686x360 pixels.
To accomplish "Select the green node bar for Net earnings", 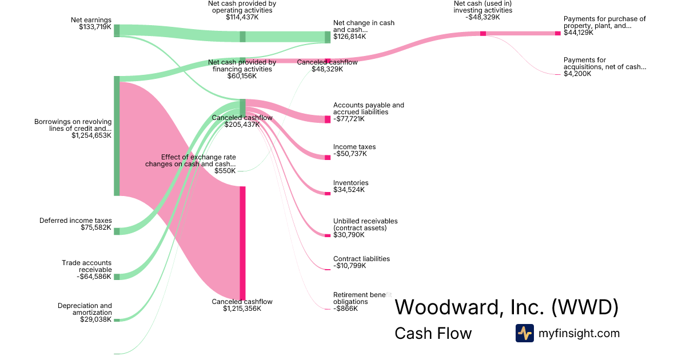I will (117, 30).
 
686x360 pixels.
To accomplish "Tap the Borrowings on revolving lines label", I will (73, 129).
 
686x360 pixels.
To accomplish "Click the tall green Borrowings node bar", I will (117, 136).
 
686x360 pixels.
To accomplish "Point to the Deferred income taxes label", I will (75, 224).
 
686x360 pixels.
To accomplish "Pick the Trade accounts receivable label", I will (87, 270).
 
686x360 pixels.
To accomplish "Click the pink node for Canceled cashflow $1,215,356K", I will (242, 243).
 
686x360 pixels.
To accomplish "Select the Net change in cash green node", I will (328, 37).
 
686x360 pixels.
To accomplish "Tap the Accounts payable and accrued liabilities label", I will (368, 112).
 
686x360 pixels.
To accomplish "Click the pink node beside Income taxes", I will (328, 157).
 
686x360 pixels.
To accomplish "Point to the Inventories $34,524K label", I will (350, 186).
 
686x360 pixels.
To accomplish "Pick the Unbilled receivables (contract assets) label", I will (365, 228).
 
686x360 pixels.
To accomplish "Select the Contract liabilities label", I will (361, 262).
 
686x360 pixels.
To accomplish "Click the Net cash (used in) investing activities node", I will (483, 34).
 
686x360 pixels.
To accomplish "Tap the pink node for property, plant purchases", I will (558, 34).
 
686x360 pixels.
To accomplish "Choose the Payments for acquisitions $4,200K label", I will (604, 67).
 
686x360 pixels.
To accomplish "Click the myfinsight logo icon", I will (524, 333).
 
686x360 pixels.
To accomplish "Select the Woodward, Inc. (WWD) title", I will (506, 307).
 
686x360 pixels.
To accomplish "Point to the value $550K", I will (225, 171).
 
